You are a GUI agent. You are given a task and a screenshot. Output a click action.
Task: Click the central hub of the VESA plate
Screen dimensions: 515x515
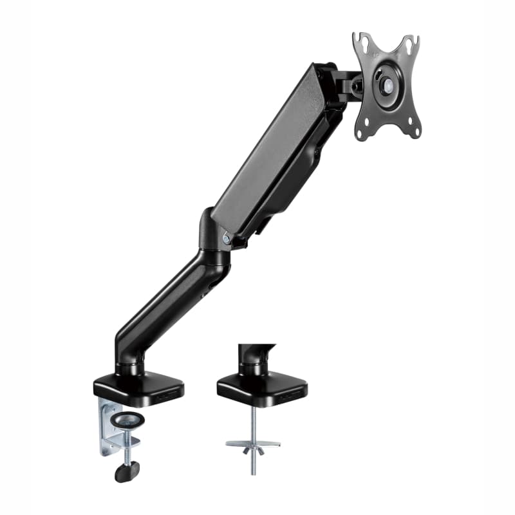386,84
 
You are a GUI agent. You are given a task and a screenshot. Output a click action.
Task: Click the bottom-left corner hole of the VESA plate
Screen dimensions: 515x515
362,133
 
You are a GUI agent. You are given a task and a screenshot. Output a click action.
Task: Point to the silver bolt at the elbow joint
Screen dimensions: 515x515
226,238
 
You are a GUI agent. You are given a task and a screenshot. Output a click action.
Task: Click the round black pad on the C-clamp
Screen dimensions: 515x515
127,420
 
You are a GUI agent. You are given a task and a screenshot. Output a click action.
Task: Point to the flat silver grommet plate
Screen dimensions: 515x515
252,443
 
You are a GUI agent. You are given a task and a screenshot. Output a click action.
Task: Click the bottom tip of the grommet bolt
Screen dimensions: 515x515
252,473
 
